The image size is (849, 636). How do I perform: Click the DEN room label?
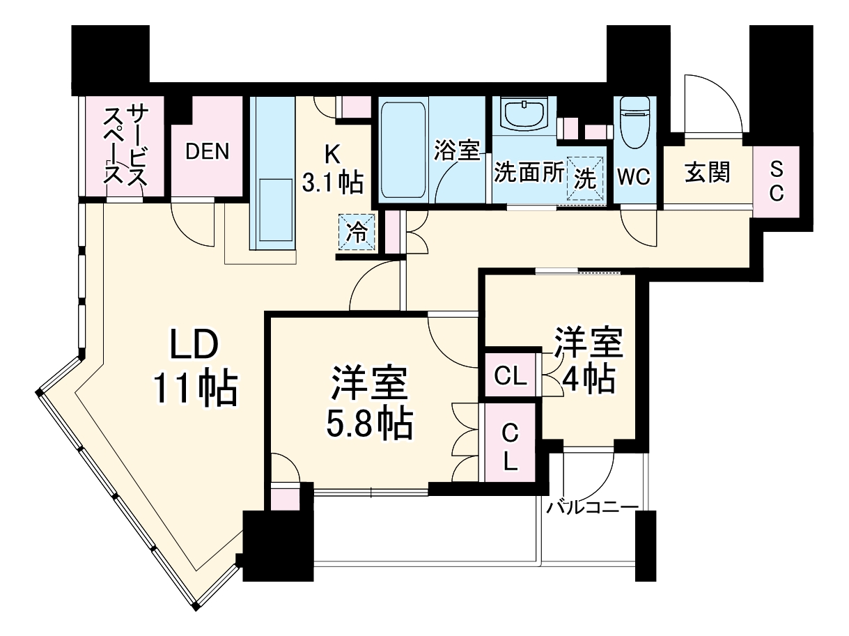click(207, 152)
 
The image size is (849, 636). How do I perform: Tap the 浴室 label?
click(458, 151)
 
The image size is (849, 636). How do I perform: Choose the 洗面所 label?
click(529, 173)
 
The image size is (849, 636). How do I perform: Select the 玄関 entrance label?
click(707, 172)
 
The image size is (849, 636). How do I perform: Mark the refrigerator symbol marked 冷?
click(357, 232)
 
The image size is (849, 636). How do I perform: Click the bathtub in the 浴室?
click(403, 150)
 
